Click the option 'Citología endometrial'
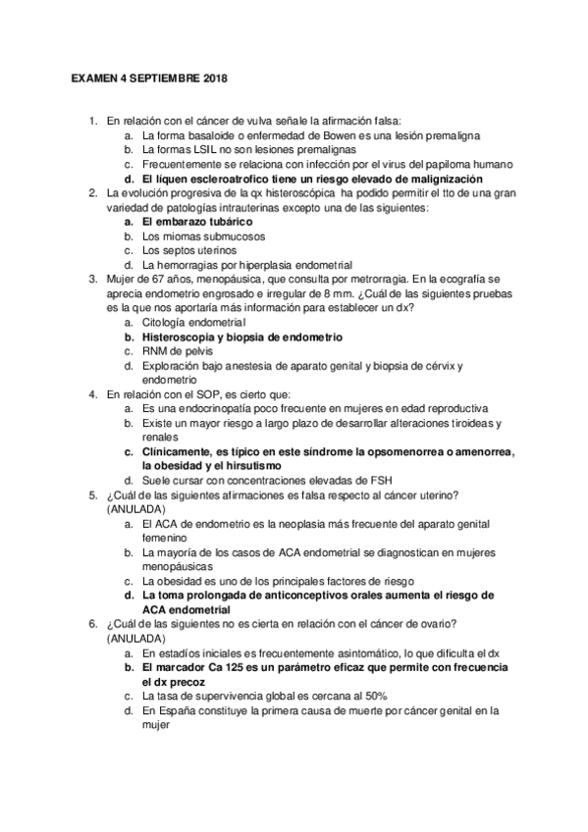point(194,323)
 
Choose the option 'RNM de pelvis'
point(177,351)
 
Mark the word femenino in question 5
point(169,539)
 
